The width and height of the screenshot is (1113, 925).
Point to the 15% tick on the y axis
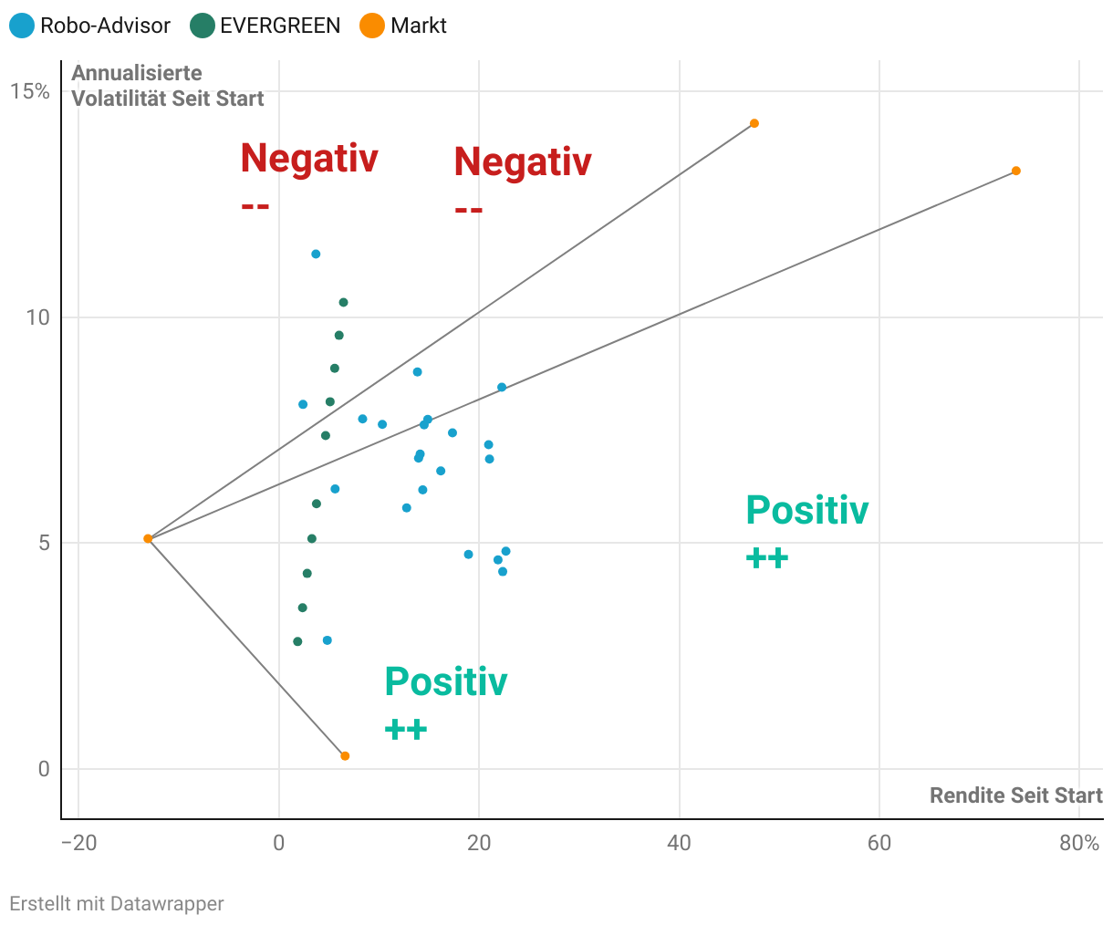click(x=30, y=91)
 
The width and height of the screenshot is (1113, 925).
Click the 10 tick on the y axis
click(x=37, y=317)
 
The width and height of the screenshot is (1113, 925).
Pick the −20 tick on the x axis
click(x=78, y=843)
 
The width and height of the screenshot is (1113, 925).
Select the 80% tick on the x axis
click(x=1079, y=843)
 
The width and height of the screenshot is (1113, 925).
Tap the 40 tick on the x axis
click(x=679, y=843)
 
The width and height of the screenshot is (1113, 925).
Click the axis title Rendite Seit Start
click(x=1015, y=795)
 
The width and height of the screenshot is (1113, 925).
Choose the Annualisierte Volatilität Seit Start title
click(x=168, y=86)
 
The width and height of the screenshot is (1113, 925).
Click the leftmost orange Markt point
click(x=148, y=539)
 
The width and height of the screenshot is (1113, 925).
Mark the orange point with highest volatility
click(x=754, y=123)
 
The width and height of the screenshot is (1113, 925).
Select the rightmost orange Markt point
click(x=1016, y=171)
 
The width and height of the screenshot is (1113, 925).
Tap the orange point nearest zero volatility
click(x=345, y=756)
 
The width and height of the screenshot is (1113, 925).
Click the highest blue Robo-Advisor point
click(x=316, y=255)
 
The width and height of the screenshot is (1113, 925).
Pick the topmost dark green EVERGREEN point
click(x=343, y=303)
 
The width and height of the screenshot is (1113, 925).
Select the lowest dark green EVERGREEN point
click(x=297, y=641)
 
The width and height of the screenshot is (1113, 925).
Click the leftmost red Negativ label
click(x=309, y=159)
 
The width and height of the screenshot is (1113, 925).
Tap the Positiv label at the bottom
click(x=445, y=682)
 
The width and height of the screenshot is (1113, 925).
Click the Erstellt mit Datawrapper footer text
click(x=117, y=904)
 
